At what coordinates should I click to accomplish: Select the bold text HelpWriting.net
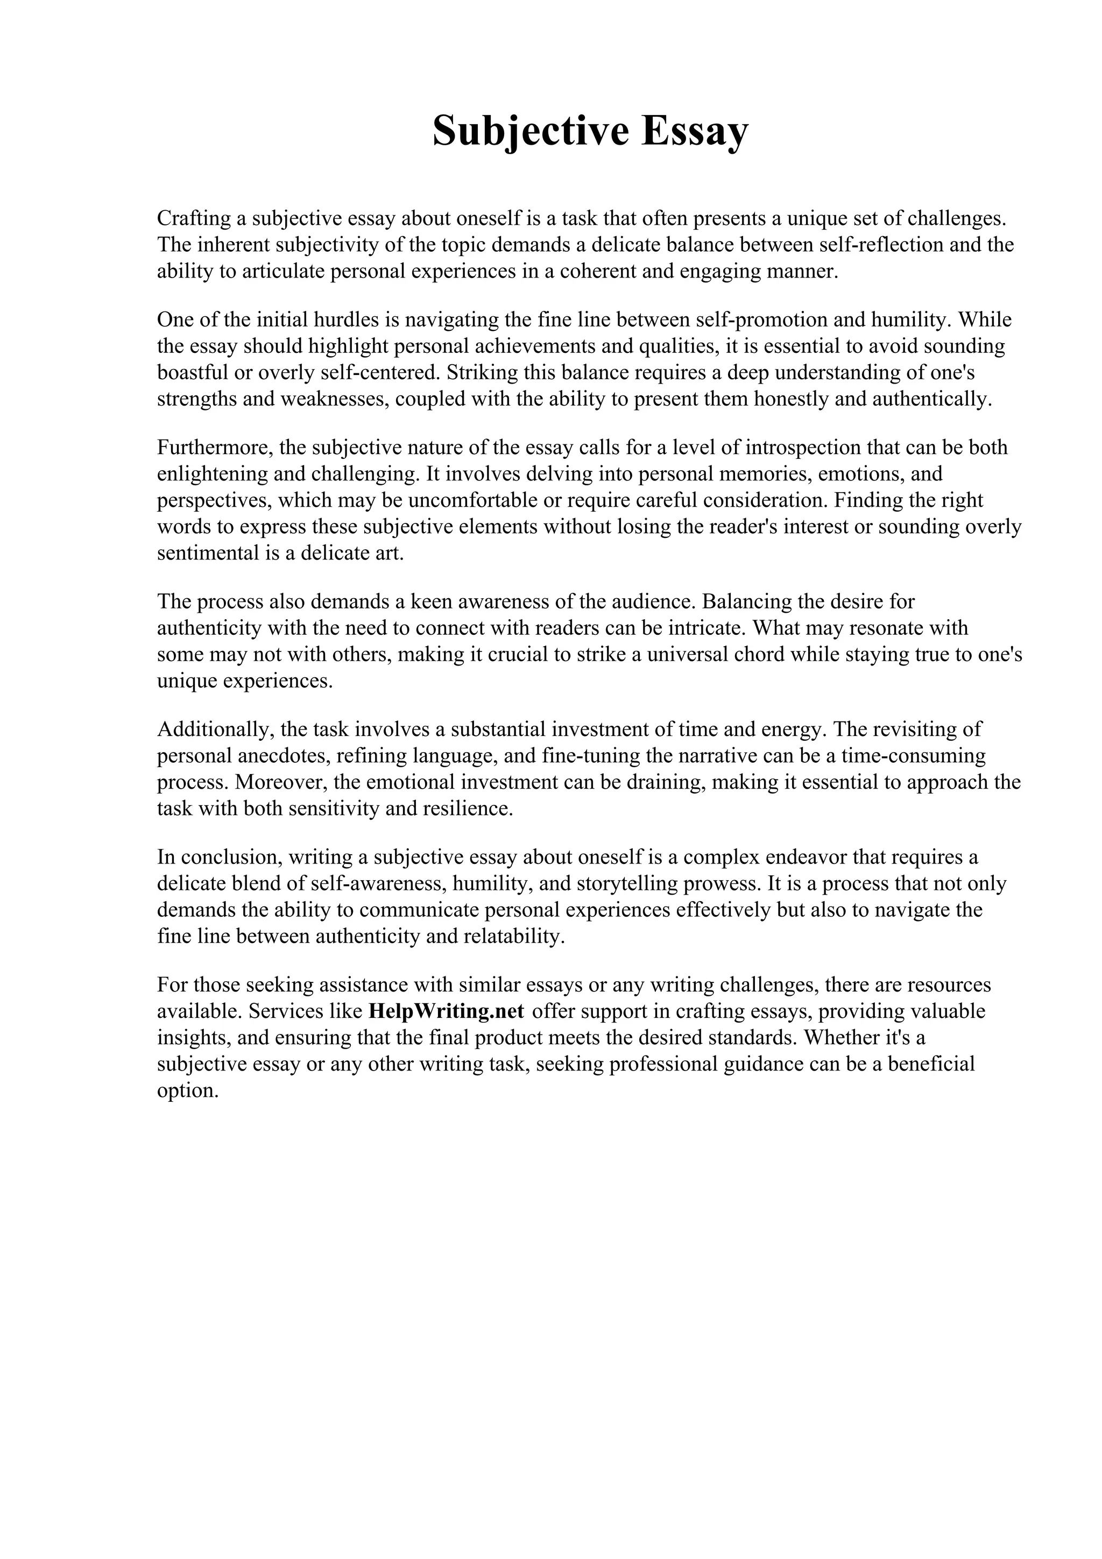[x=446, y=1011]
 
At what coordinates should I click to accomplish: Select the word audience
[x=653, y=601]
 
